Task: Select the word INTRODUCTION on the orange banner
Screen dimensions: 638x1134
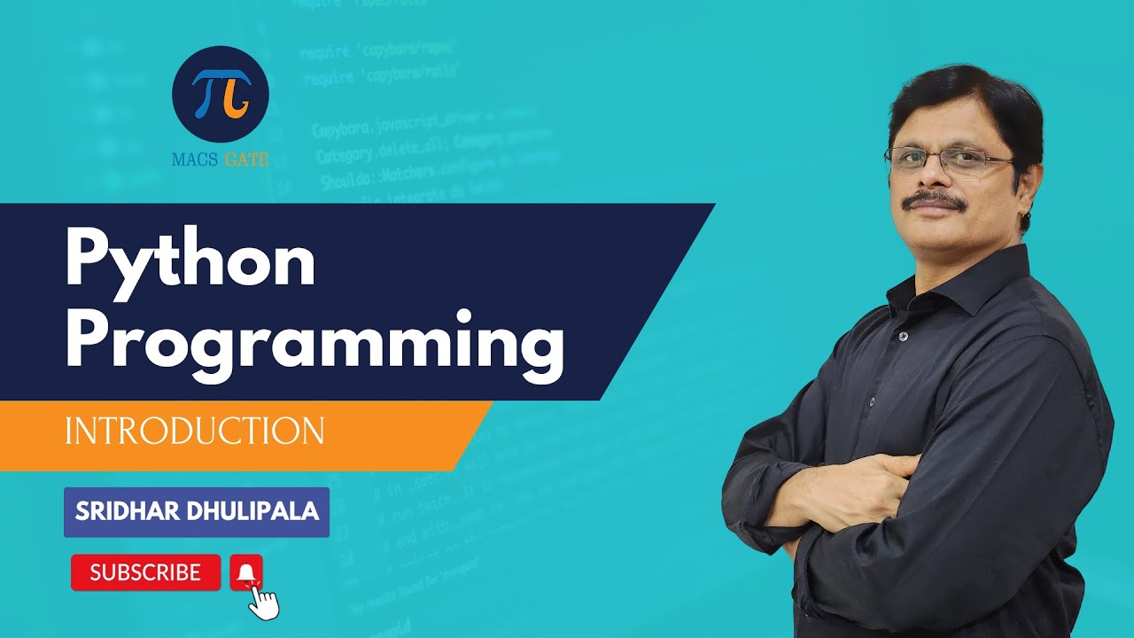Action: [194, 431]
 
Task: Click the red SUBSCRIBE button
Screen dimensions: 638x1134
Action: [145, 572]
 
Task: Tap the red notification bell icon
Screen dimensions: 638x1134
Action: [246, 572]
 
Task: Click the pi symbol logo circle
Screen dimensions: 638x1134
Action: [221, 95]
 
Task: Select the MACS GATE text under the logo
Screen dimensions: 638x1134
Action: [221, 160]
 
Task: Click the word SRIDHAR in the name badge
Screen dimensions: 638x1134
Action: [124, 511]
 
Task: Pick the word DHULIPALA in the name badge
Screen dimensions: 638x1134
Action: [257, 511]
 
